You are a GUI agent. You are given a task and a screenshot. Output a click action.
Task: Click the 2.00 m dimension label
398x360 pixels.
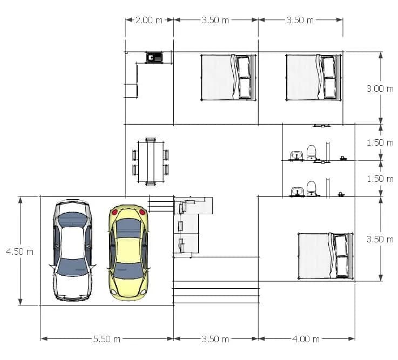[x=149, y=20]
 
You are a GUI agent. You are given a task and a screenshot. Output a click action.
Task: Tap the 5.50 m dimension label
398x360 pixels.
[x=107, y=339]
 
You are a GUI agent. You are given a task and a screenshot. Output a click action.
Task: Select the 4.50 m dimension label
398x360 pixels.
[x=20, y=252]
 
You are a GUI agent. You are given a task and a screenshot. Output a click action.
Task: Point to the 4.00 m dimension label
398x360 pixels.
[x=306, y=339]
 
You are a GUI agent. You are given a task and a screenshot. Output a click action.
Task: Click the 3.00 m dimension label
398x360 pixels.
[x=380, y=89]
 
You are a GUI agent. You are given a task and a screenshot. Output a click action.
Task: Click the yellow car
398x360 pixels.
[x=129, y=253]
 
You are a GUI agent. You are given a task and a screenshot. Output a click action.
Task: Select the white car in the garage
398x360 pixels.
[x=72, y=250]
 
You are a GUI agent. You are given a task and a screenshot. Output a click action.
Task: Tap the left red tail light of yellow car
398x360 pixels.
[x=114, y=212]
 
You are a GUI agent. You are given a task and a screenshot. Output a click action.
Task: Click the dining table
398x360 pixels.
[x=151, y=162]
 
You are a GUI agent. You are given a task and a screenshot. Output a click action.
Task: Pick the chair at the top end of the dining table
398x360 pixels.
[x=151, y=140]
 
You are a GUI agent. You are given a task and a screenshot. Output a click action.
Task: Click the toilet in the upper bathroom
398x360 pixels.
[x=312, y=152]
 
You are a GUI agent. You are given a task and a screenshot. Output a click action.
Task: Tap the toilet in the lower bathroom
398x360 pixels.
[x=312, y=188]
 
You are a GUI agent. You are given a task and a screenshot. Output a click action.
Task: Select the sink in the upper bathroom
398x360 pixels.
[x=296, y=155]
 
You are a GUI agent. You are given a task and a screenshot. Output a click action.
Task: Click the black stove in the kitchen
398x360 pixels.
[x=154, y=58]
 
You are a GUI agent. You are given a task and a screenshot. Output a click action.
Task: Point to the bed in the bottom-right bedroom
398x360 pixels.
[x=326, y=256]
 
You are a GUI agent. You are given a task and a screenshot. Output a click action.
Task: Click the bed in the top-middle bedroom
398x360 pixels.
[x=228, y=77]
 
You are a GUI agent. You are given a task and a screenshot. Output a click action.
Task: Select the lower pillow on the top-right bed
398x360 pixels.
[x=330, y=88]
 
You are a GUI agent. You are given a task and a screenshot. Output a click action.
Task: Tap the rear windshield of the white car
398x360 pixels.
[x=72, y=220]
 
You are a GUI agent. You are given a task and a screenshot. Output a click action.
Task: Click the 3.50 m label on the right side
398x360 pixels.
[x=380, y=239]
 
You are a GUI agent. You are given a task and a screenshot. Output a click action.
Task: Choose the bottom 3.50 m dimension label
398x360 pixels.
[x=215, y=339]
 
